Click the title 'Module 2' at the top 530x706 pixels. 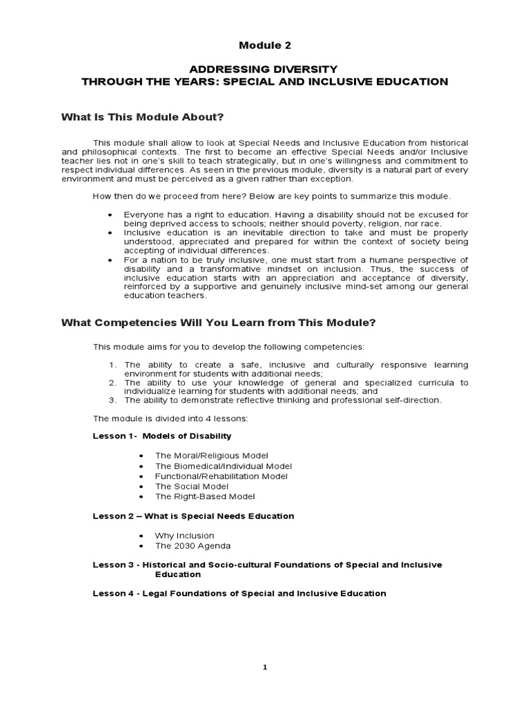tap(265, 46)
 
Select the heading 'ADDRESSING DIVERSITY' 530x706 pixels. tap(264, 69)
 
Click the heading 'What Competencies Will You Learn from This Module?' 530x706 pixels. tap(218, 322)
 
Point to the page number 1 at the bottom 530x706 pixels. tap(265, 667)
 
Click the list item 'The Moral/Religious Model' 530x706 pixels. tap(211, 456)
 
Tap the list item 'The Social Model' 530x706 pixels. tap(192, 486)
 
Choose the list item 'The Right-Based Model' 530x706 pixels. tap(205, 496)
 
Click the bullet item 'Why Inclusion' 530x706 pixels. tap(184, 536)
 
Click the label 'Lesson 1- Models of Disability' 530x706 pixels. tap(162, 436)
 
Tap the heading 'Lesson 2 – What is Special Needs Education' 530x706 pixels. tap(193, 516)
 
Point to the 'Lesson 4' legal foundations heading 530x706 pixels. tap(239, 594)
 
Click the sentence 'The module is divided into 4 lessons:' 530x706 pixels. tap(174, 418)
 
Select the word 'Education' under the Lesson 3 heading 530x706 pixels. tap(177, 574)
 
